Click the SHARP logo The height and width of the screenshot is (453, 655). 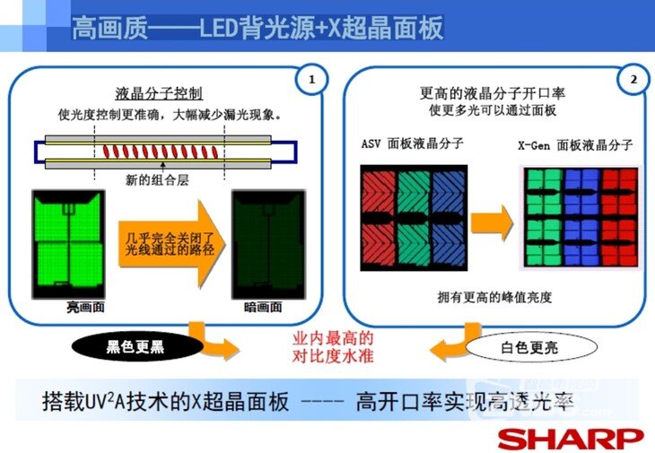pos(570,439)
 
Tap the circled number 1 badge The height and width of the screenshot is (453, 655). pos(311,79)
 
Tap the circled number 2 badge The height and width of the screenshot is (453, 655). pos(633,79)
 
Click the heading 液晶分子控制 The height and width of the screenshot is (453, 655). pos(159,93)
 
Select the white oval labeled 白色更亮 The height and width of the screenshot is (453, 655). pos(529,347)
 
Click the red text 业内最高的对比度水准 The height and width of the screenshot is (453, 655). pos(333,347)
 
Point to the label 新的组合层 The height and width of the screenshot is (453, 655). pos(157,180)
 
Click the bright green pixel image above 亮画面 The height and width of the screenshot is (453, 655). pos(68,244)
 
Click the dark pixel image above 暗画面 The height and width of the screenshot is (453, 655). pos(268,244)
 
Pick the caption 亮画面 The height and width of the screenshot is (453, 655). pos(85,308)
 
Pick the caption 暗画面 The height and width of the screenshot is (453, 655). pos(263,308)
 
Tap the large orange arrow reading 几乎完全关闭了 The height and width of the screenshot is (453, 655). pos(171,244)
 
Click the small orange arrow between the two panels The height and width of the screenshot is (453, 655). pos(492,223)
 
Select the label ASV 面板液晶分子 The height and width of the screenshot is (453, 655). pos(413,144)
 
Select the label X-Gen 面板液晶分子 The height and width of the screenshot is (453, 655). pos(576,145)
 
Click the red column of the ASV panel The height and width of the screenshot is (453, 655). pos(379,218)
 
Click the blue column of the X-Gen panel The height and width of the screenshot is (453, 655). pos(581,217)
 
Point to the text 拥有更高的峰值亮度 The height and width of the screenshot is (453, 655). pos(494,297)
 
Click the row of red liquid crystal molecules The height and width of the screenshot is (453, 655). pos(161,151)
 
